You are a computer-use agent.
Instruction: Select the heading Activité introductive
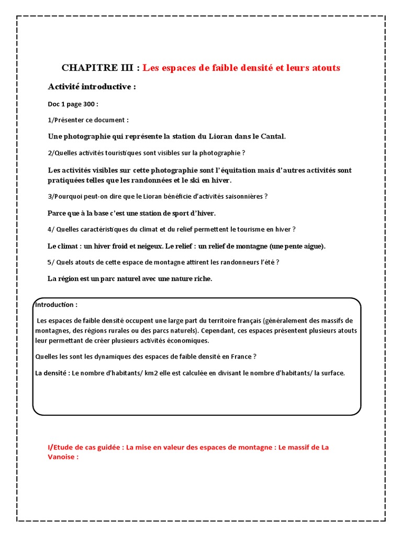[92, 87]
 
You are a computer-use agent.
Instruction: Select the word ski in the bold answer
[194, 180]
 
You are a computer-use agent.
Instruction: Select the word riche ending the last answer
[201, 279]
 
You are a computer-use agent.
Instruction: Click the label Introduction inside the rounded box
[55, 305]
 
